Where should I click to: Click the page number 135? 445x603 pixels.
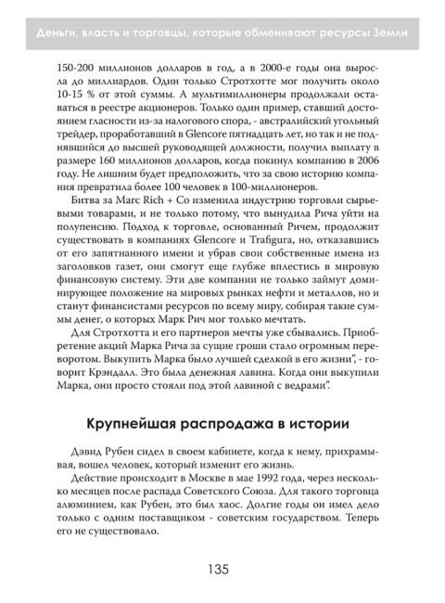[222, 569]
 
